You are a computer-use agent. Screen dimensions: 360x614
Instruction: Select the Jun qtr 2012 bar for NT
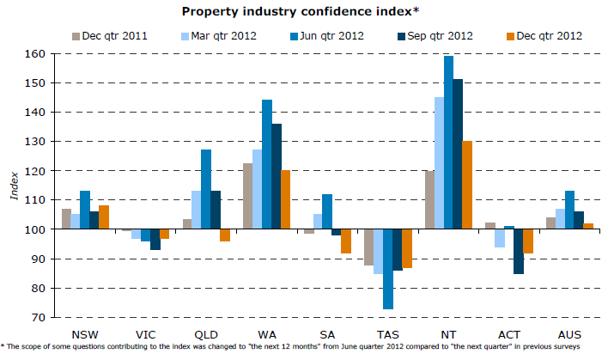tap(448, 143)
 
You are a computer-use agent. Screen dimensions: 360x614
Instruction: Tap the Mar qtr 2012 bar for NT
tap(439, 163)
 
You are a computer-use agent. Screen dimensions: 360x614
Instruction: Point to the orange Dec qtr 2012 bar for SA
tap(346, 241)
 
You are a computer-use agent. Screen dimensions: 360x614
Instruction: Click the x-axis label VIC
tap(145, 332)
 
